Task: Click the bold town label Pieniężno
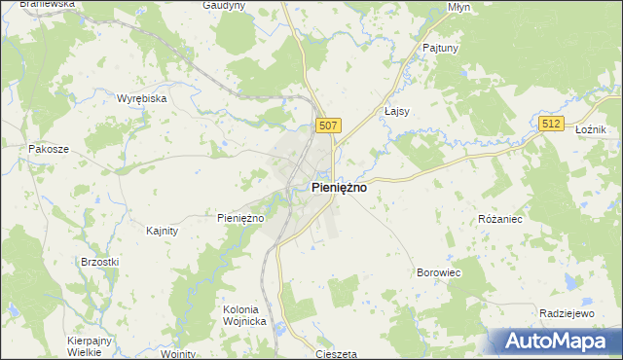[339, 188]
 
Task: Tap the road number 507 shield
[329, 126]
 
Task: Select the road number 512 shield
[552, 124]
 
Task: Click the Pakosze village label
[49, 150]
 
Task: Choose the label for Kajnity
[162, 231]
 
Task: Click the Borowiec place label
[438, 273]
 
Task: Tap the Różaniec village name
[500, 219]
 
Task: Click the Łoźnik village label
[591, 129]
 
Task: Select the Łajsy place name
[397, 111]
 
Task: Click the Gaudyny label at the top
[223, 5]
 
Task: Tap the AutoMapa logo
[555, 341]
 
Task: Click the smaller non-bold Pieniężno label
[240, 218]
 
